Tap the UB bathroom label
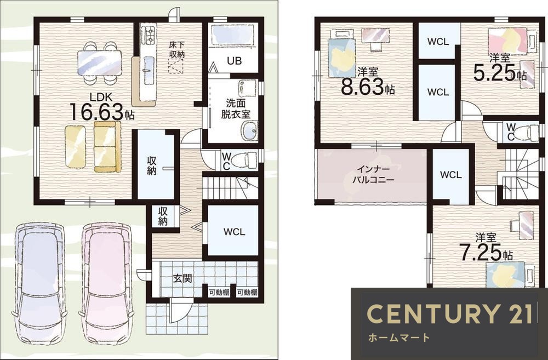coord(234,61)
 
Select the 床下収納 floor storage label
coord(177,50)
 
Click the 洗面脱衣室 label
coord(236,108)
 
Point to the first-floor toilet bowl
coord(247,160)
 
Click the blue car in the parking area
coord(39,283)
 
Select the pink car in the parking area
coord(107,283)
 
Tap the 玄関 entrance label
coord(182,278)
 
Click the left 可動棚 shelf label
coord(219,293)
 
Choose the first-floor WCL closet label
coord(234,232)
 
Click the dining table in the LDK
coord(100,63)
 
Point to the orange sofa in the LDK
coord(107,147)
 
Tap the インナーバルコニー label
coord(373,175)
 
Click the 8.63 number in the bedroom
coord(363,87)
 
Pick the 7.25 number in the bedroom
coord(480,253)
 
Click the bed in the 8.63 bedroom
coord(342,58)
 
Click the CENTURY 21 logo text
coord(449,313)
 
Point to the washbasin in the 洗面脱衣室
coord(249,131)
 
